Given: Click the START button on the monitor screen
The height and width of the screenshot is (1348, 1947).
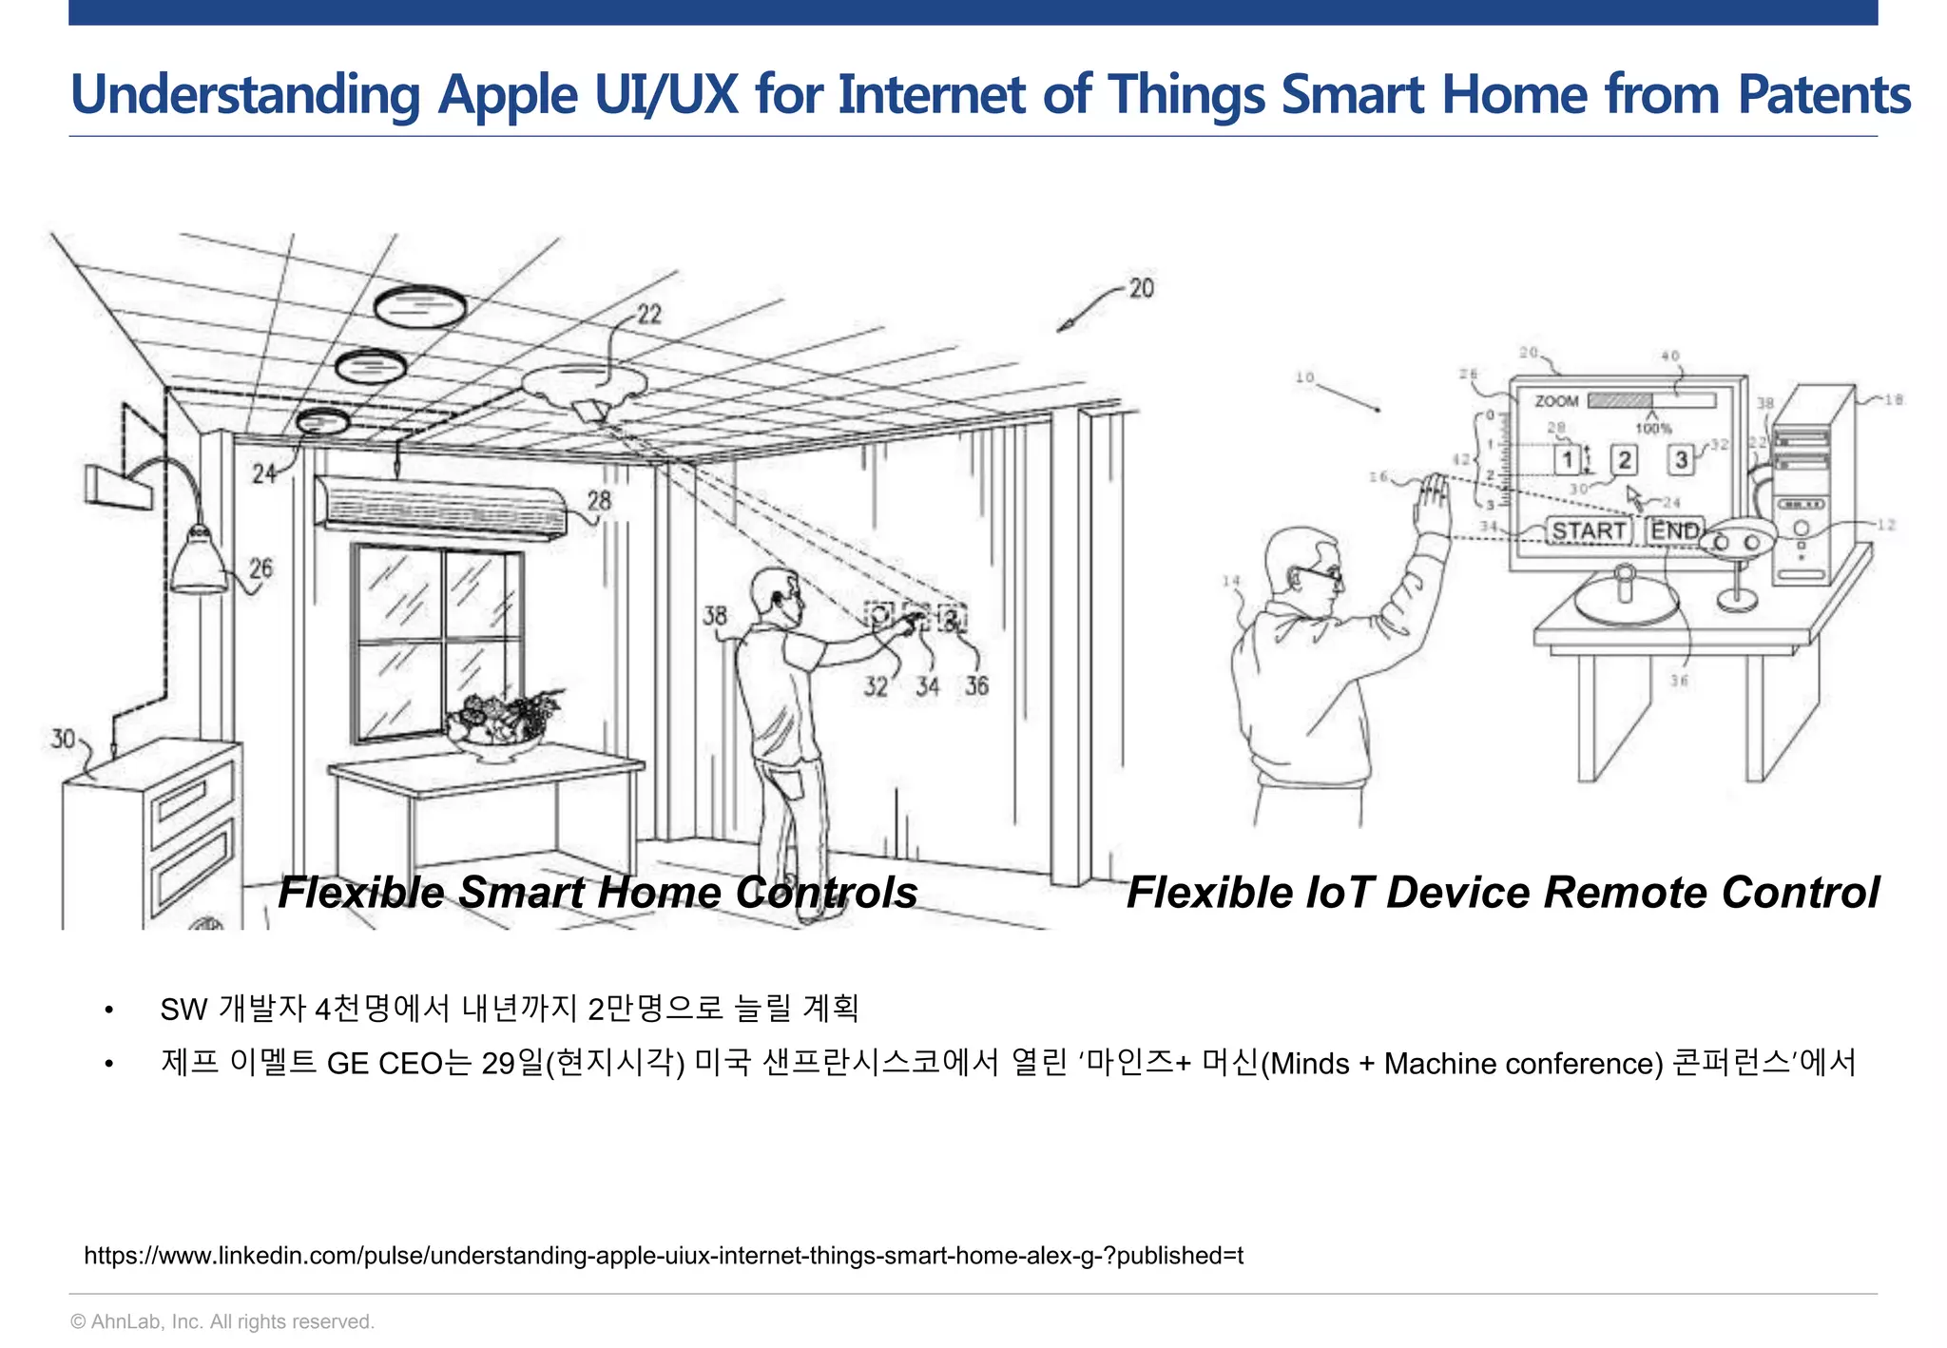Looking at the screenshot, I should [x=1588, y=530].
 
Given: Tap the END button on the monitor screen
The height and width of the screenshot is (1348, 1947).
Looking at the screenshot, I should [x=1674, y=530].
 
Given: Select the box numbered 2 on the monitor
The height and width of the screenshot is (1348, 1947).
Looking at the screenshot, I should [x=1624, y=460].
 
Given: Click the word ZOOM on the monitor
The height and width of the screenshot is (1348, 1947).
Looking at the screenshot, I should [x=1556, y=401].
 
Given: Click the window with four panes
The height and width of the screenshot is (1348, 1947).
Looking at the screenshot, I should [x=436, y=642].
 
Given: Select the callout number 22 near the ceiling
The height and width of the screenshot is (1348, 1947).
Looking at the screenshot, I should [x=649, y=314].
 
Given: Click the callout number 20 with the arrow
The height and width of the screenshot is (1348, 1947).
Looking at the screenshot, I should [x=1141, y=288].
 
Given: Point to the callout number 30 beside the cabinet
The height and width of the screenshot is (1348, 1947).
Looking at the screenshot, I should [x=63, y=739].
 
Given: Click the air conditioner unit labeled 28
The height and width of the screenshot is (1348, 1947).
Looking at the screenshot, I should [x=439, y=508].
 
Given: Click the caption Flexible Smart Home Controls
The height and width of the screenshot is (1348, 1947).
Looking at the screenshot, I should [x=597, y=893].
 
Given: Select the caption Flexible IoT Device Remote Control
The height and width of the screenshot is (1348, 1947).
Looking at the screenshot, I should [x=1502, y=893].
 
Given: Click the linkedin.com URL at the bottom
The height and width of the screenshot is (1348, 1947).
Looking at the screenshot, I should [x=664, y=1256].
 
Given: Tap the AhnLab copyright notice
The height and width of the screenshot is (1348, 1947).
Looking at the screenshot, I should [x=222, y=1321].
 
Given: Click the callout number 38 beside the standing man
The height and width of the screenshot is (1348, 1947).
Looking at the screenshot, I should [x=715, y=616].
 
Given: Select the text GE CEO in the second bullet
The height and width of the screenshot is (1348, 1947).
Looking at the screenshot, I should [x=385, y=1063].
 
